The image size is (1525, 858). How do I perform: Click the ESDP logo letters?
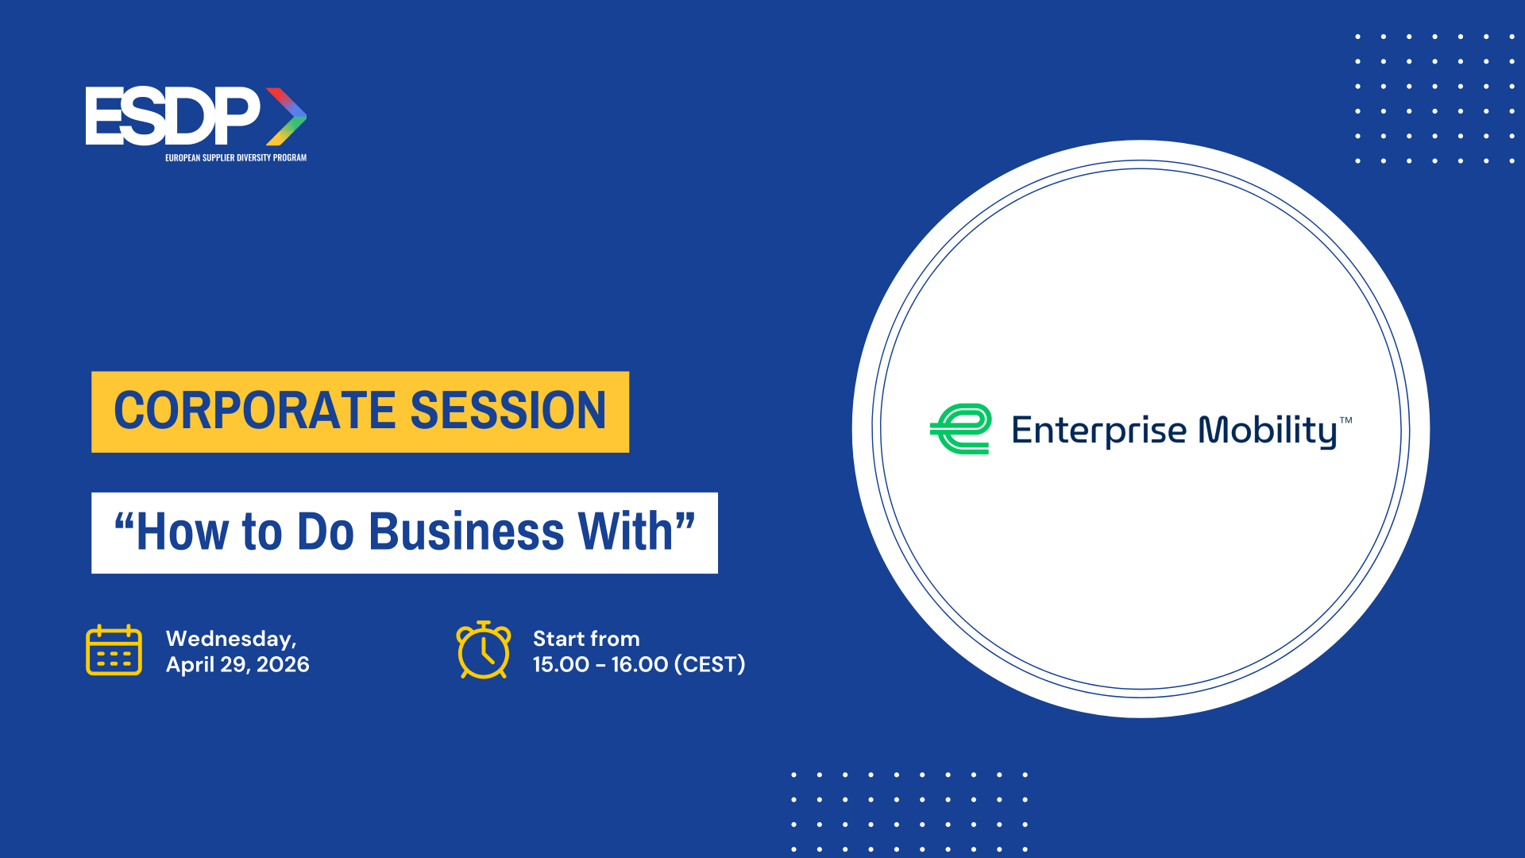172,116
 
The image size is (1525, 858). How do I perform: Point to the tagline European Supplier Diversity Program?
236,157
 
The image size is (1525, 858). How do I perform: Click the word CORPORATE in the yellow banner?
255,411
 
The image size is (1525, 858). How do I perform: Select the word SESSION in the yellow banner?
508,411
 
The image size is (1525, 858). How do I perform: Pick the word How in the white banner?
183,531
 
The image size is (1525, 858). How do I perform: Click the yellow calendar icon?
114,650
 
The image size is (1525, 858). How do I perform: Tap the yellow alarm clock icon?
484,650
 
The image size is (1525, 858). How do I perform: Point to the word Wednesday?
231,640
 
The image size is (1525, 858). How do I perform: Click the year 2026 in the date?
283,664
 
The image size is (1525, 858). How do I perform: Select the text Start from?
586,639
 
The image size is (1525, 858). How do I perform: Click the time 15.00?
561,664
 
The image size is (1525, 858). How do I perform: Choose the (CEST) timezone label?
710,664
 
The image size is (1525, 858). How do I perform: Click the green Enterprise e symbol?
961,429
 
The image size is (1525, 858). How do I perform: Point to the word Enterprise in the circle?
1099,431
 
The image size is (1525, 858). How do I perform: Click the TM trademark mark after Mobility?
1346,420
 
